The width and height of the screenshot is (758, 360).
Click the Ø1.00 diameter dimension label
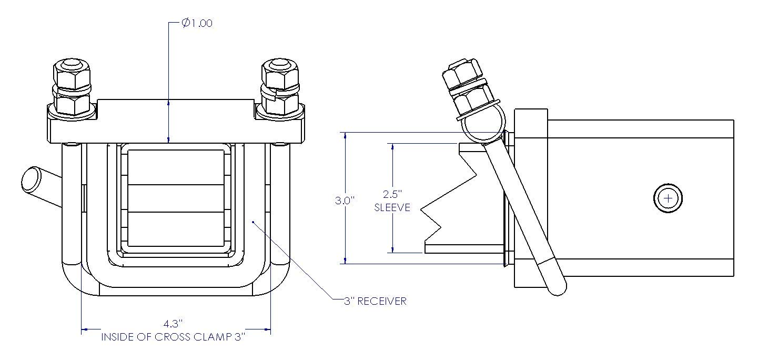coord(197,23)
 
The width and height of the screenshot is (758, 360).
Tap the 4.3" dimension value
coord(173,324)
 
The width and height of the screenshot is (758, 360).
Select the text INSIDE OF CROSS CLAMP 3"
coord(173,337)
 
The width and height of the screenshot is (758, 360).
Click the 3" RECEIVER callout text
coord(375,301)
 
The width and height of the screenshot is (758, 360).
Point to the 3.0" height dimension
coord(345,201)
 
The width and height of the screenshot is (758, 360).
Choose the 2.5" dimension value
coord(392,194)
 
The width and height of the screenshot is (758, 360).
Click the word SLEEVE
coord(392,207)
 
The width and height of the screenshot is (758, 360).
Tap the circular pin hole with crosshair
coord(668,198)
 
